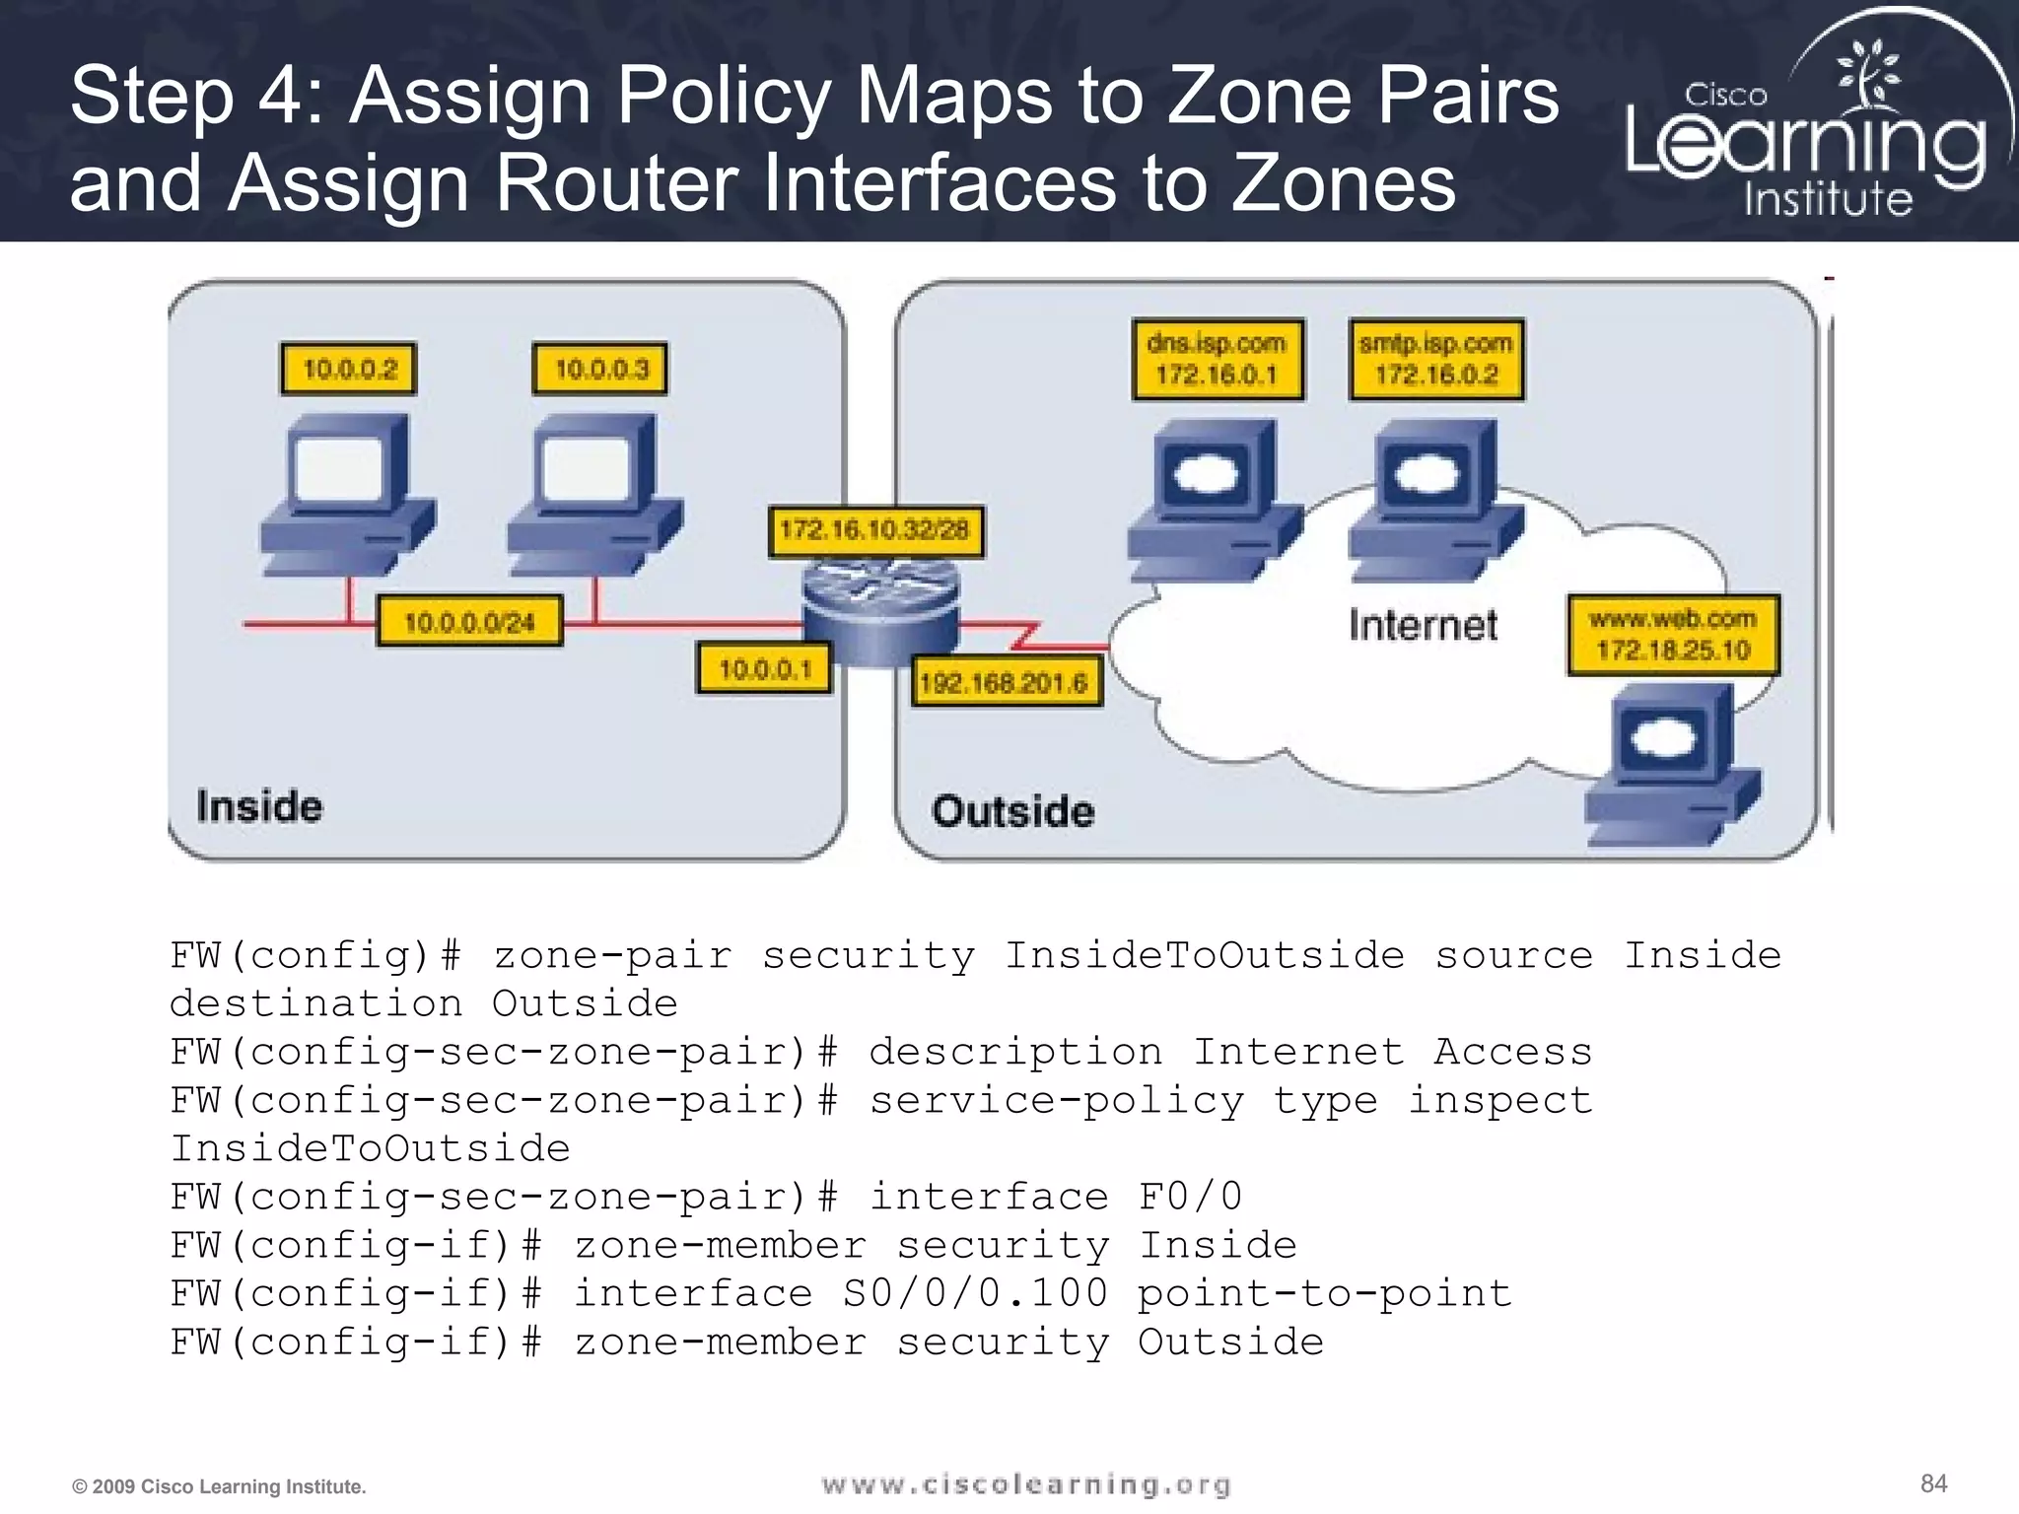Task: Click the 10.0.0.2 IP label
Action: coord(349,369)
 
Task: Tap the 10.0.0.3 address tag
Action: coord(600,369)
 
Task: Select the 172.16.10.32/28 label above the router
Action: coord(875,531)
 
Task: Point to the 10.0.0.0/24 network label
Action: coord(469,621)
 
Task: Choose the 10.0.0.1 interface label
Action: coord(764,669)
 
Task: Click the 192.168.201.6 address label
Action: coord(1005,682)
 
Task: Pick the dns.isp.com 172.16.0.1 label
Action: coord(1218,360)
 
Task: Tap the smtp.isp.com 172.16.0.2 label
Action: coord(1436,360)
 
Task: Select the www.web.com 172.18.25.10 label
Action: coord(1673,635)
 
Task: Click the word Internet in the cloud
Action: coord(1423,625)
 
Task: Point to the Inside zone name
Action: coord(259,806)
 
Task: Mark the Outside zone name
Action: coord(1012,811)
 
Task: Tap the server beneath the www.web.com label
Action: coord(1671,764)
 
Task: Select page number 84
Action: coord(1933,1483)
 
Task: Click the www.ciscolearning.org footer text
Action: coord(1026,1484)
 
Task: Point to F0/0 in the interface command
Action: coord(1190,1197)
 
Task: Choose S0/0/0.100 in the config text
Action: coord(975,1293)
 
